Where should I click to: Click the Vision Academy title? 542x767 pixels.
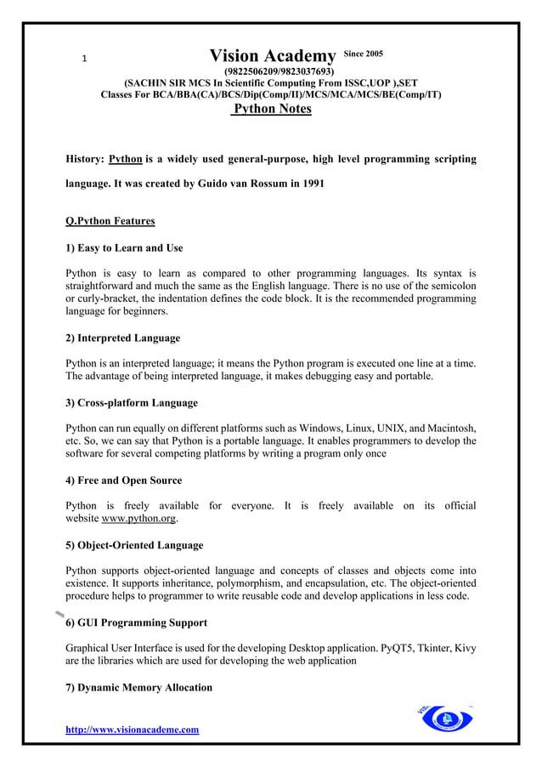point(273,57)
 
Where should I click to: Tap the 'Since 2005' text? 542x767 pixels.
point(363,54)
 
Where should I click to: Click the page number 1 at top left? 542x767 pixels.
point(83,59)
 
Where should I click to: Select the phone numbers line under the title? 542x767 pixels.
point(279,71)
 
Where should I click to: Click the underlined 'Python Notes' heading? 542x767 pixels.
point(272,109)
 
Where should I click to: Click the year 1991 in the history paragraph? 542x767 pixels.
point(308,183)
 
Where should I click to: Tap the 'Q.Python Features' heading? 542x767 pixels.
point(110,221)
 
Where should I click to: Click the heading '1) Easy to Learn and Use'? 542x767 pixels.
point(124,248)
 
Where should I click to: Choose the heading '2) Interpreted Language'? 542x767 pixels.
point(123,338)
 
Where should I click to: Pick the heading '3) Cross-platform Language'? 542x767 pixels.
point(132,402)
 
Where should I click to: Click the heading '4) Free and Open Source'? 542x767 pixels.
point(124,480)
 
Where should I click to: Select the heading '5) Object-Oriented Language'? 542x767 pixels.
point(134,545)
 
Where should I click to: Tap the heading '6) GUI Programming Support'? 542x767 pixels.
point(136,622)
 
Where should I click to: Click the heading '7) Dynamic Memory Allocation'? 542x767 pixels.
point(138,687)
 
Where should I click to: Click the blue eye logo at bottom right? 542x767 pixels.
point(445,720)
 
